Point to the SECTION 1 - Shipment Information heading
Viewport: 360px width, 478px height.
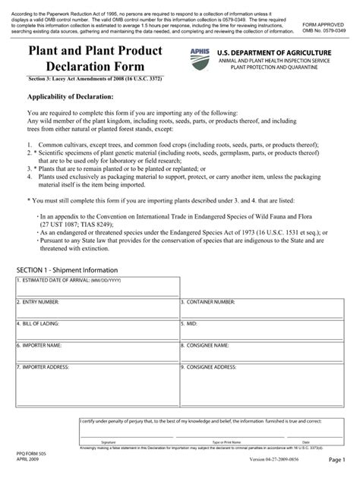click(68, 270)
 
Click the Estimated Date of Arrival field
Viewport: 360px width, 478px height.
click(97, 290)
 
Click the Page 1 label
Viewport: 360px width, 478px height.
click(337, 461)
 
